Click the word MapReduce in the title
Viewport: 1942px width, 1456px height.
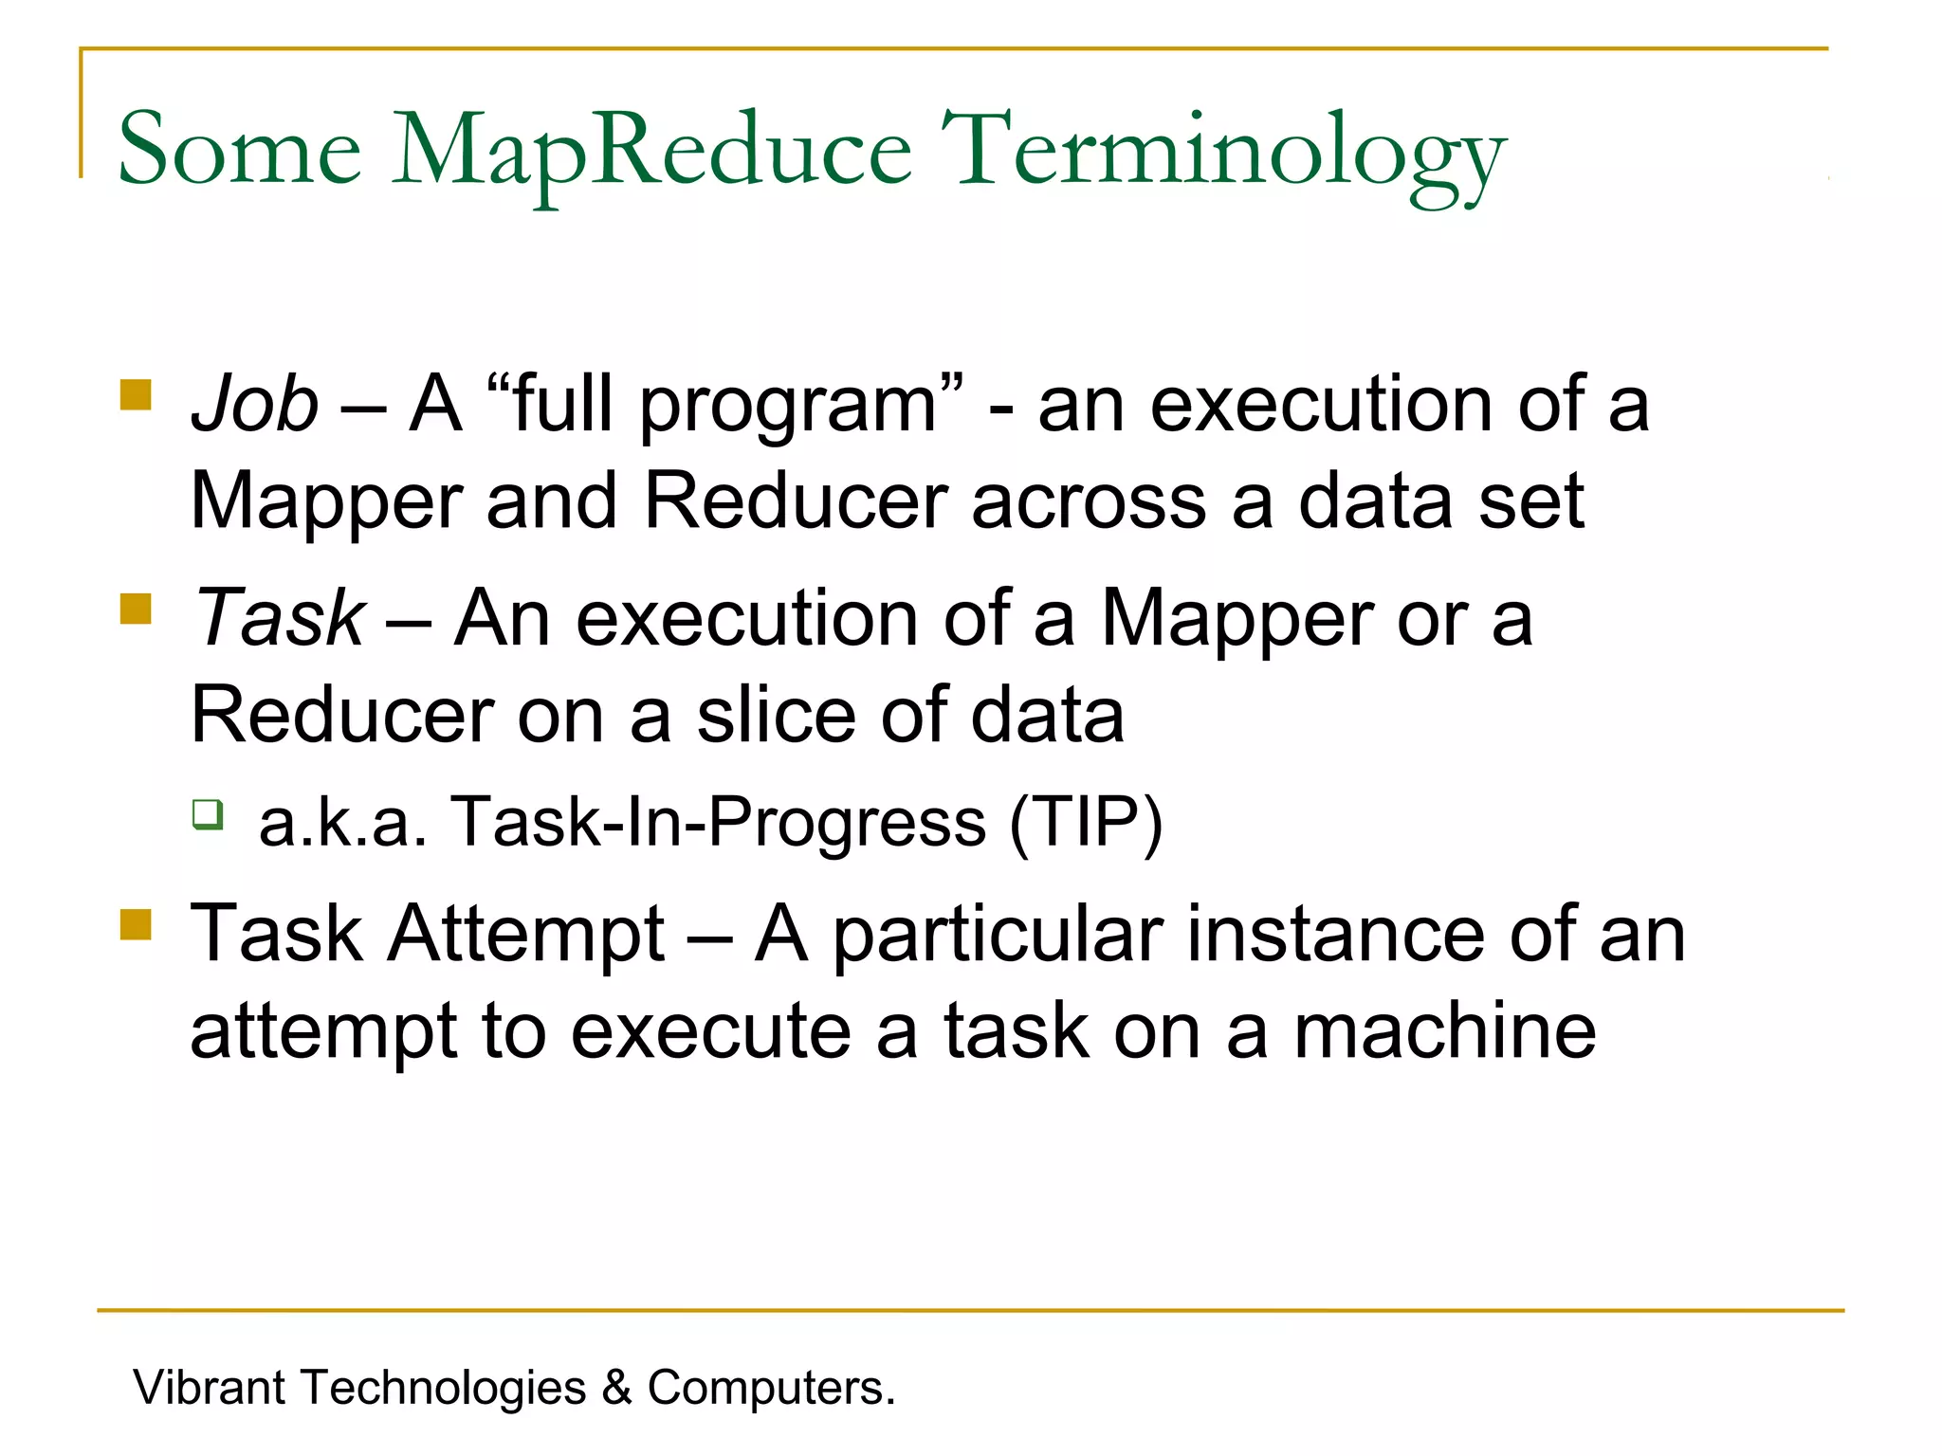coord(651,152)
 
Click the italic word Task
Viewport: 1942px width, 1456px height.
coord(279,618)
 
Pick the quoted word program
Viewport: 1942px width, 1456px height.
coord(789,408)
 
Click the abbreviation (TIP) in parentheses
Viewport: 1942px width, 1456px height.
coord(1086,821)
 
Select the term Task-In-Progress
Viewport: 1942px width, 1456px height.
coord(719,821)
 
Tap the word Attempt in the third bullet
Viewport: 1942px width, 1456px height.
coord(526,935)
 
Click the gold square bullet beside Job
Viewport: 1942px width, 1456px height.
coord(137,394)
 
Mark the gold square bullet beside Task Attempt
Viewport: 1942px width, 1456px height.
coord(137,924)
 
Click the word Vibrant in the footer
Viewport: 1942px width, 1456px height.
coord(210,1388)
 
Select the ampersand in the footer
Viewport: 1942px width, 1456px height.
coord(616,1388)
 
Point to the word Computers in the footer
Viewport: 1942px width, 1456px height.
coord(770,1388)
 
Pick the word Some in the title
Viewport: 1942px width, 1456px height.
coord(239,152)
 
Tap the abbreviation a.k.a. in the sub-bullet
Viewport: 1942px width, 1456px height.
coord(342,821)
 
